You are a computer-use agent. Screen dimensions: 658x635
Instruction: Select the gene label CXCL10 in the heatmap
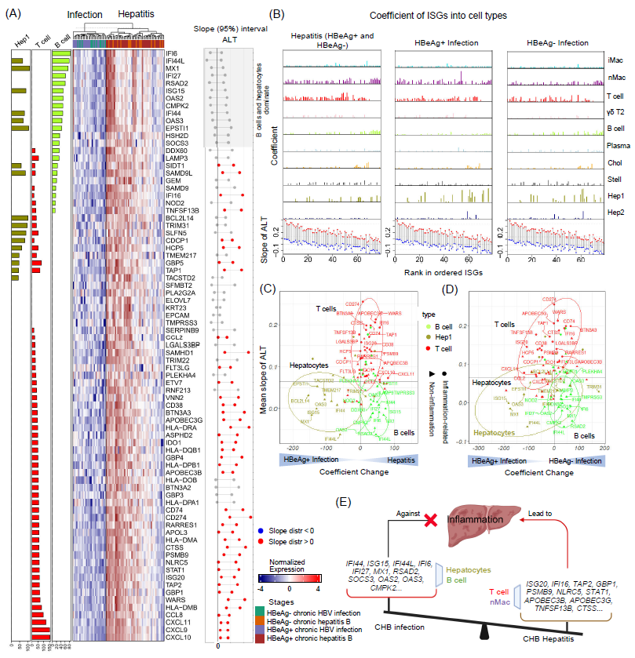click(177, 636)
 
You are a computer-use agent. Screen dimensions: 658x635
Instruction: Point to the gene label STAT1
click(174, 569)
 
